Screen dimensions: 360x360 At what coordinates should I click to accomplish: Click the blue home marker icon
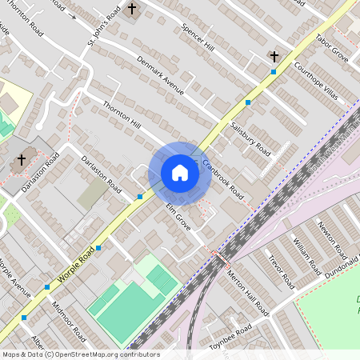180,173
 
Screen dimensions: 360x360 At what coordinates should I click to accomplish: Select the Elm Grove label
178,218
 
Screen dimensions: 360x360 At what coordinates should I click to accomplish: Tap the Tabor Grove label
331,49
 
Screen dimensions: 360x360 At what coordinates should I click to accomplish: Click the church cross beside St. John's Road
132,10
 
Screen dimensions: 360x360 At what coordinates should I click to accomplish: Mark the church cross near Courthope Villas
274,57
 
